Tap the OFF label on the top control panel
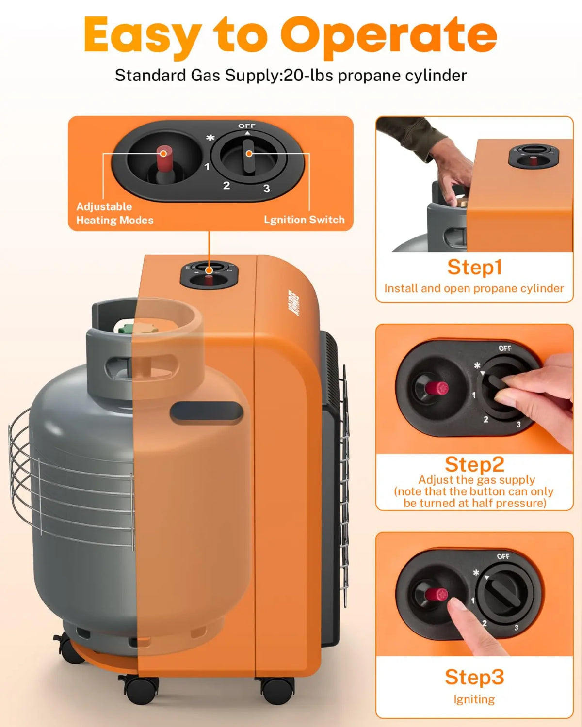pyautogui.click(x=246, y=126)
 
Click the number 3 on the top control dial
pyautogui.click(x=266, y=189)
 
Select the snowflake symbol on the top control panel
pyautogui.click(x=210, y=138)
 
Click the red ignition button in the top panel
pyautogui.click(x=163, y=154)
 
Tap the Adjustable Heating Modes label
pyautogui.click(x=114, y=213)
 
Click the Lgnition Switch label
pyautogui.click(x=304, y=220)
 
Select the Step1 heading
pyautogui.click(x=474, y=267)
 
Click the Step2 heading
pyautogui.click(x=474, y=464)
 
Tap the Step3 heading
pyautogui.click(x=474, y=677)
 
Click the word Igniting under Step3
pyautogui.click(x=474, y=699)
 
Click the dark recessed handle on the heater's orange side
pyautogui.click(x=206, y=412)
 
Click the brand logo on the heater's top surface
pyautogui.click(x=294, y=303)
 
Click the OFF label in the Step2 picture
pyautogui.click(x=504, y=348)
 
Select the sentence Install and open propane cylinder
pyautogui.click(x=474, y=288)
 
